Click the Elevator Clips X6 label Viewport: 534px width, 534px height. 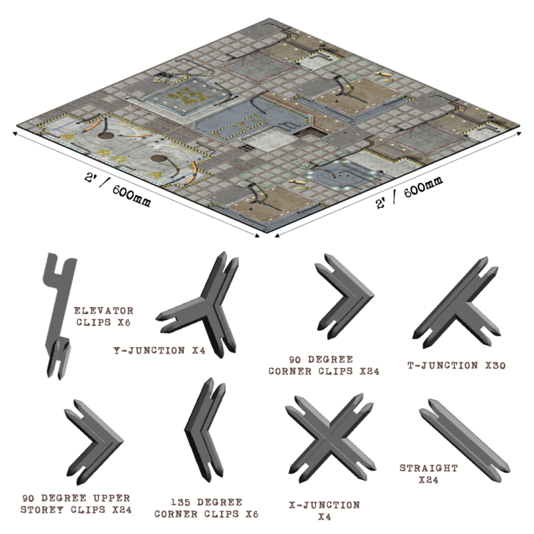point(103,316)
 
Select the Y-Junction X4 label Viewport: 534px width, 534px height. point(160,350)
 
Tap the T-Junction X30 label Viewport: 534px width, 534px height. point(457,365)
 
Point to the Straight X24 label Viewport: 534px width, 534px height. point(429,474)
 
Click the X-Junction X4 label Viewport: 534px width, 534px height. point(324,511)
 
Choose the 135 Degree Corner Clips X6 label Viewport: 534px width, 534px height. point(206,508)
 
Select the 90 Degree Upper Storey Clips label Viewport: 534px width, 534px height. point(75,504)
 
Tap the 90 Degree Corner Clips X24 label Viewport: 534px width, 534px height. point(324,365)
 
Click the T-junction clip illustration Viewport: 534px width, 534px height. point(458,303)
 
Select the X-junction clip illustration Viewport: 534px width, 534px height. point(330,439)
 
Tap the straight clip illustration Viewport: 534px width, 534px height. point(465,440)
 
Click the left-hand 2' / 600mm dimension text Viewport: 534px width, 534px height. point(117,190)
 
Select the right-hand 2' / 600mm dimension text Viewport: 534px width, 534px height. point(409,192)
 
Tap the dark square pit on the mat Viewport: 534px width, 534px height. point(309,133)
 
